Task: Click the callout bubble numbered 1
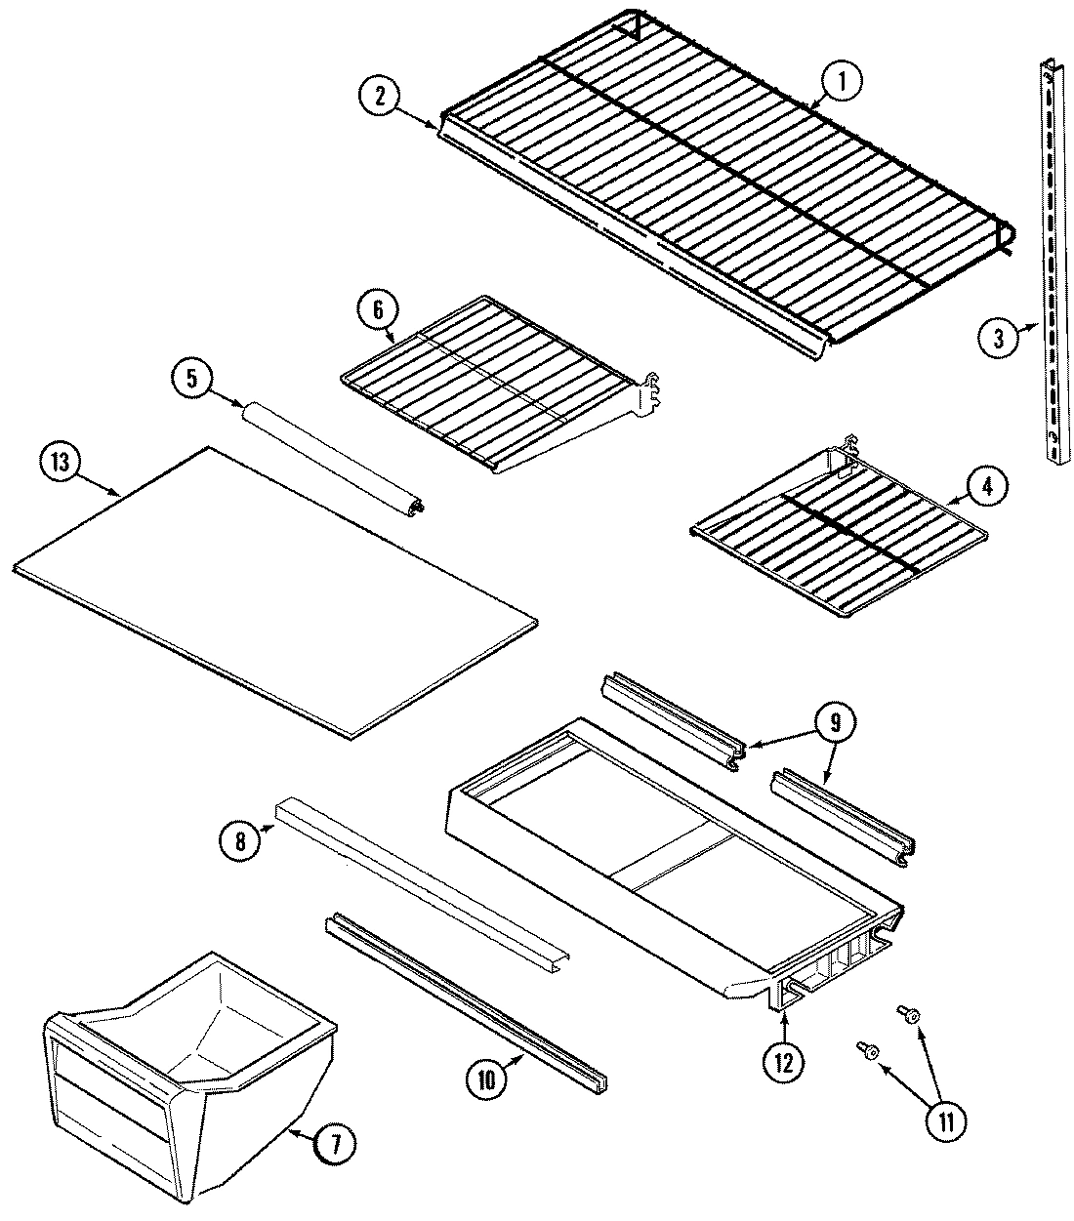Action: pyautogui.click(x=841, y=83)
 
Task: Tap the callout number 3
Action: pyautogui.click(x=997, y=338)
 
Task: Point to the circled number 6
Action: pyautogui.click(x=377, y=311)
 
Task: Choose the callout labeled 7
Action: pyautogui.click(x=333, y=1146)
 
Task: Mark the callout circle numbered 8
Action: pyautogui.click(x=240, y=840)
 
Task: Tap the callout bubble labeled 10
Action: pyautogui.click(x=488, y=1079)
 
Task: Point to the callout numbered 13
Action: pyautogui.click(x=61, y=464)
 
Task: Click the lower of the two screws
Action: pyautogui.click(x=868, y=1050)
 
